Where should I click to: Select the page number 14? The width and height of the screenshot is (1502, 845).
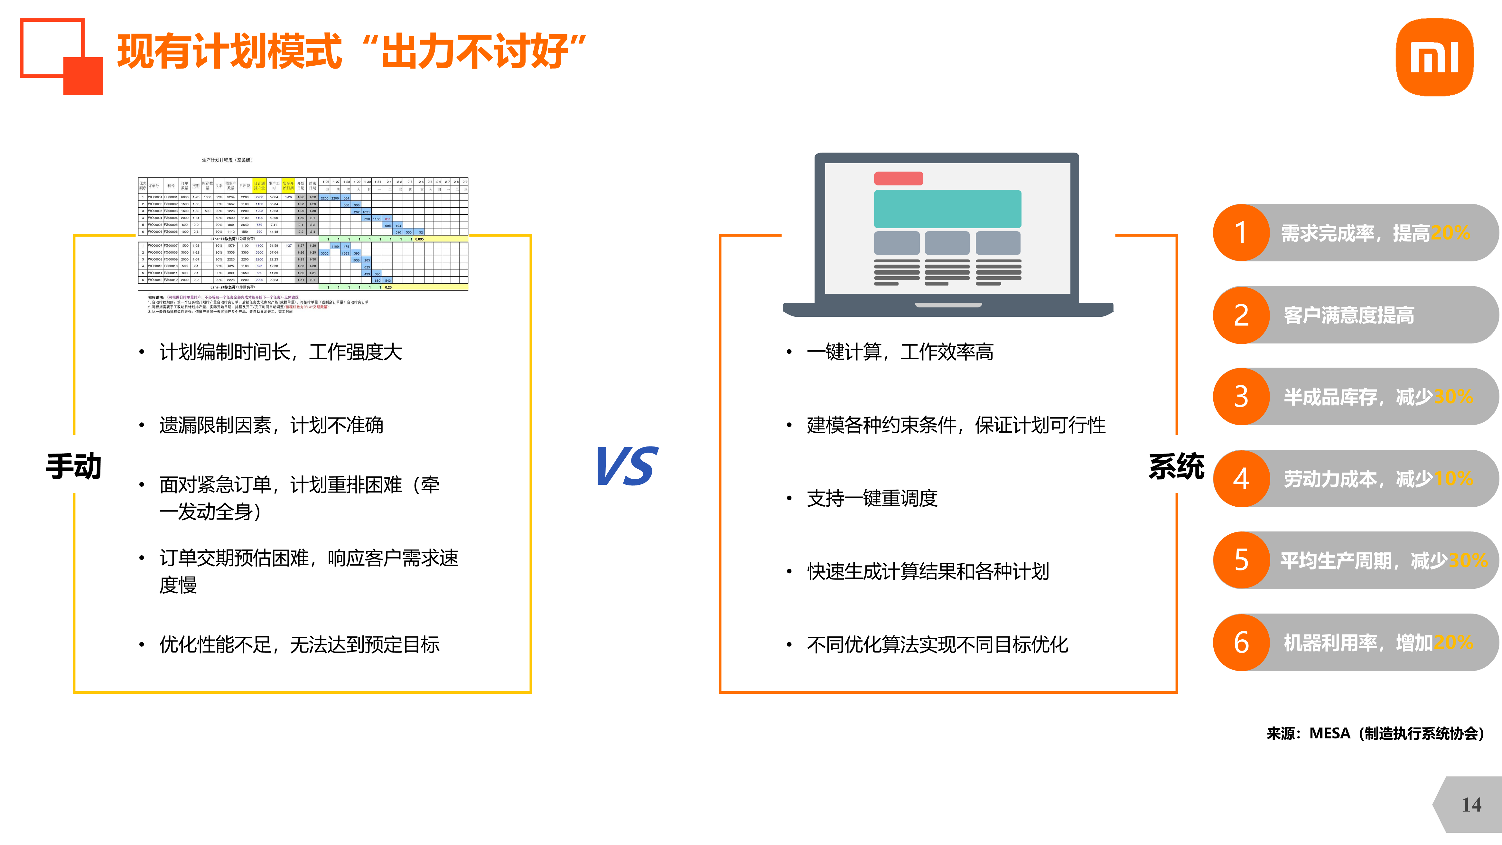point(1471,805)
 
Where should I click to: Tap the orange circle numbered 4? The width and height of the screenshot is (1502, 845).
point(1241,479)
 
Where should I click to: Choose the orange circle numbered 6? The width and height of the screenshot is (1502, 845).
point(1241,643)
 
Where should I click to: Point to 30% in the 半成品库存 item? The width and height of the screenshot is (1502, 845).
point(1453,397)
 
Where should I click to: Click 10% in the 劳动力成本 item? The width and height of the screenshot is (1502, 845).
point(1453,479)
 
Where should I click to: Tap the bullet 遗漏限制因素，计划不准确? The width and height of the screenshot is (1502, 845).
point(271,425)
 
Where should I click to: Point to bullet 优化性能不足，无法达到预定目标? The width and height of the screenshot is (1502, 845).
point(299,644)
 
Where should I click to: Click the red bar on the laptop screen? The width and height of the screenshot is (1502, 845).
point(898,178)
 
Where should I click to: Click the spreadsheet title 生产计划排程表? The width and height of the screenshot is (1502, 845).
point(227,160)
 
